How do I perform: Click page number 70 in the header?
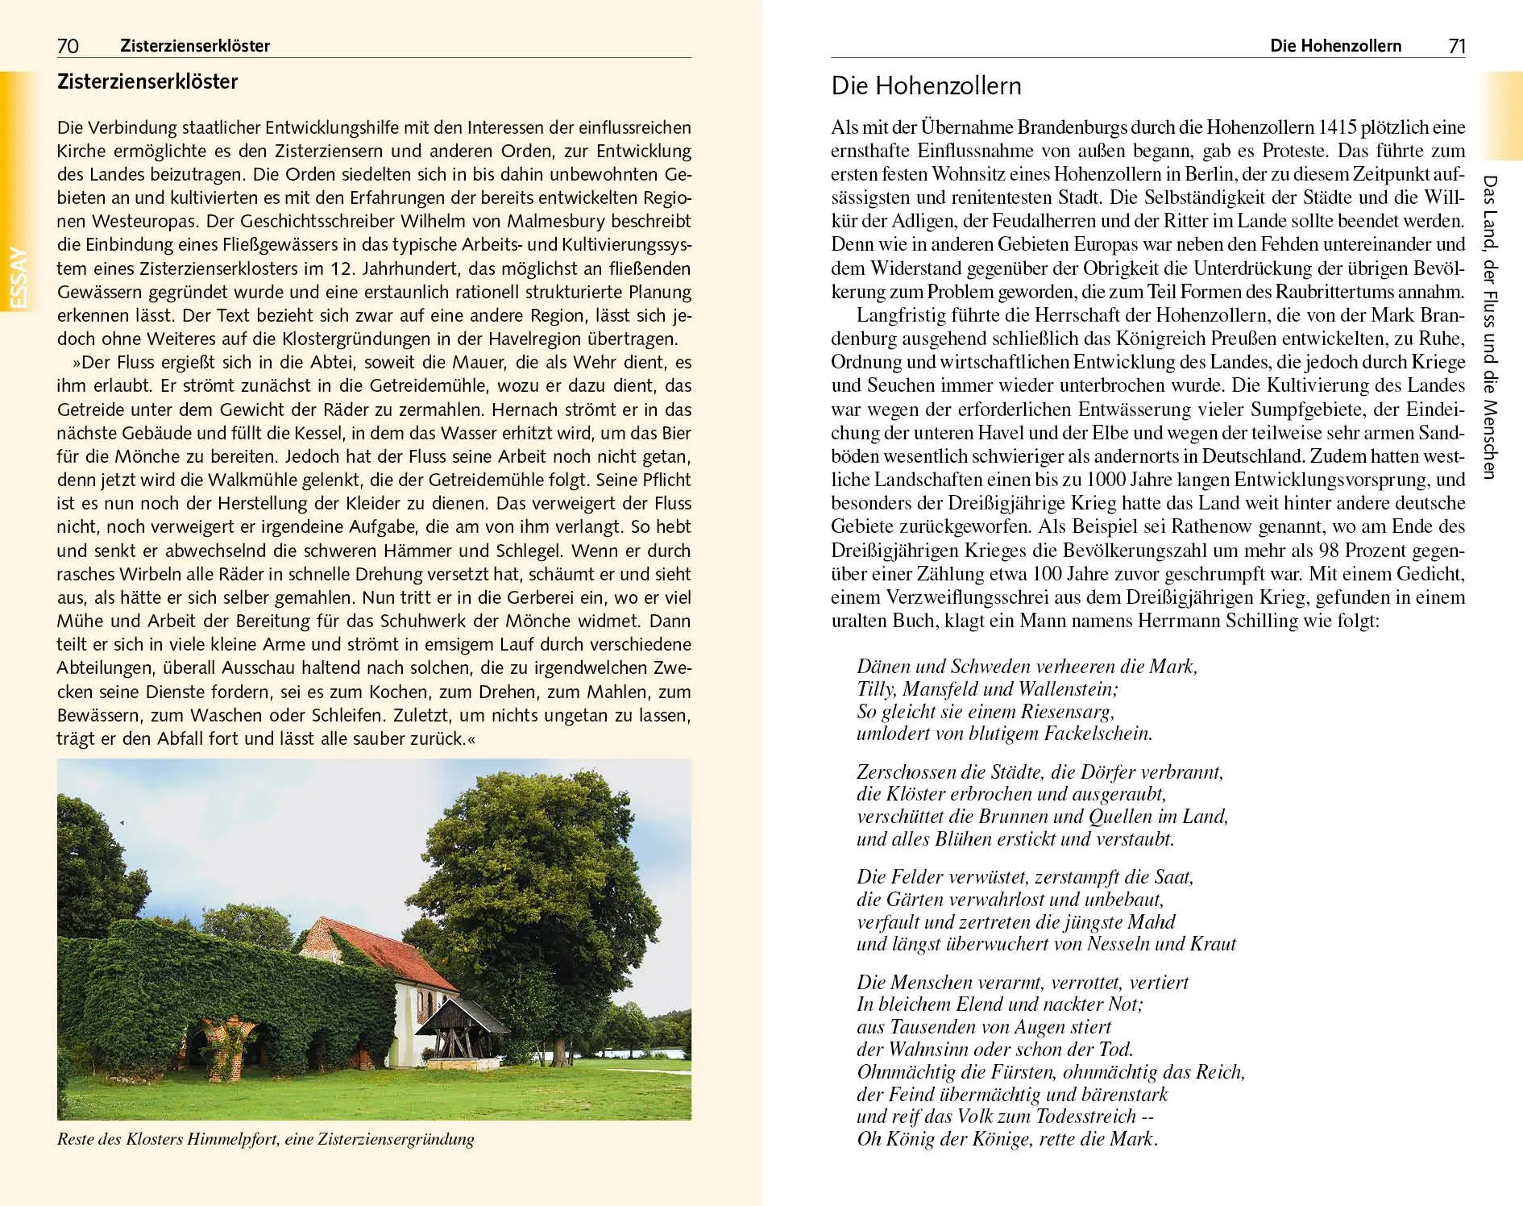click(x=68, y=46)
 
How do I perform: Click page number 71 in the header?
click(x=1456, y=46)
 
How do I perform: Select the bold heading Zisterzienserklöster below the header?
click(x=147, y=82)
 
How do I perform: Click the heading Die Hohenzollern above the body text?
click(x=926, y=86)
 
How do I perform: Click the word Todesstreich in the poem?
click(x=1086, y=1117)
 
